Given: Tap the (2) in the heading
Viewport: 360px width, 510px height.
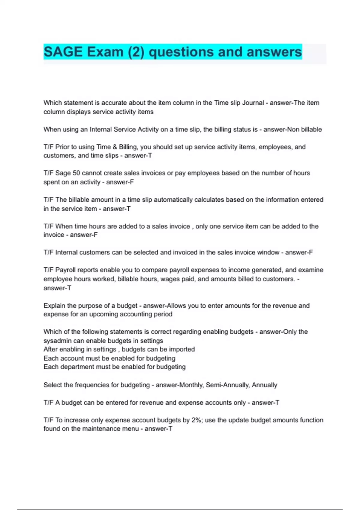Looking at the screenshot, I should click(x=136, y=52).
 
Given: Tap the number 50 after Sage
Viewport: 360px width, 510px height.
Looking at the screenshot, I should click(x=76, y=173).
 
